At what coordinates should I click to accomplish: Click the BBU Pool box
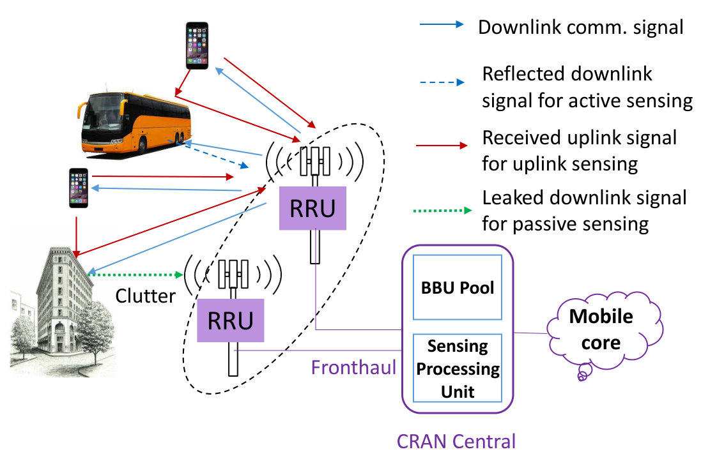coord(458,287)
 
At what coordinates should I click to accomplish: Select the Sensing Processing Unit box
coord(458,368)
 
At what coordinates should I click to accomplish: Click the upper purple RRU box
coord(312,208)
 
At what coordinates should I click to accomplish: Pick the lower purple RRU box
coord(231,321)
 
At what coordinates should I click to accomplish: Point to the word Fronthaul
coord(353,368)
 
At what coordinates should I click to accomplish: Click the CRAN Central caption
coord(456,441)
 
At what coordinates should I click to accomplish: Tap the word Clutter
coord(145,296)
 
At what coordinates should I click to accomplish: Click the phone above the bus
coord(197,46)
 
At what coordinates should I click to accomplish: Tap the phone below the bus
coord(79,188)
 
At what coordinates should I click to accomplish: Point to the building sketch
coord(63,312)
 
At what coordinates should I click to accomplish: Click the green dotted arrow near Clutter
coord(135,275)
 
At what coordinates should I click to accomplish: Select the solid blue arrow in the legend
coord(442,25)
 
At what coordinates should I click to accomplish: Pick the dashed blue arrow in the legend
coord(442,82)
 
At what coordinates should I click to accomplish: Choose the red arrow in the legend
coord(442,146)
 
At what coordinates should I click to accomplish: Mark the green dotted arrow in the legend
coord(442,210)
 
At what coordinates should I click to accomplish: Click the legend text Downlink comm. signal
coord(581,27)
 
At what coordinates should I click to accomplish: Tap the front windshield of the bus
coord(104,114)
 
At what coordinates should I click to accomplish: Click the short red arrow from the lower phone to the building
coord(76,237)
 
